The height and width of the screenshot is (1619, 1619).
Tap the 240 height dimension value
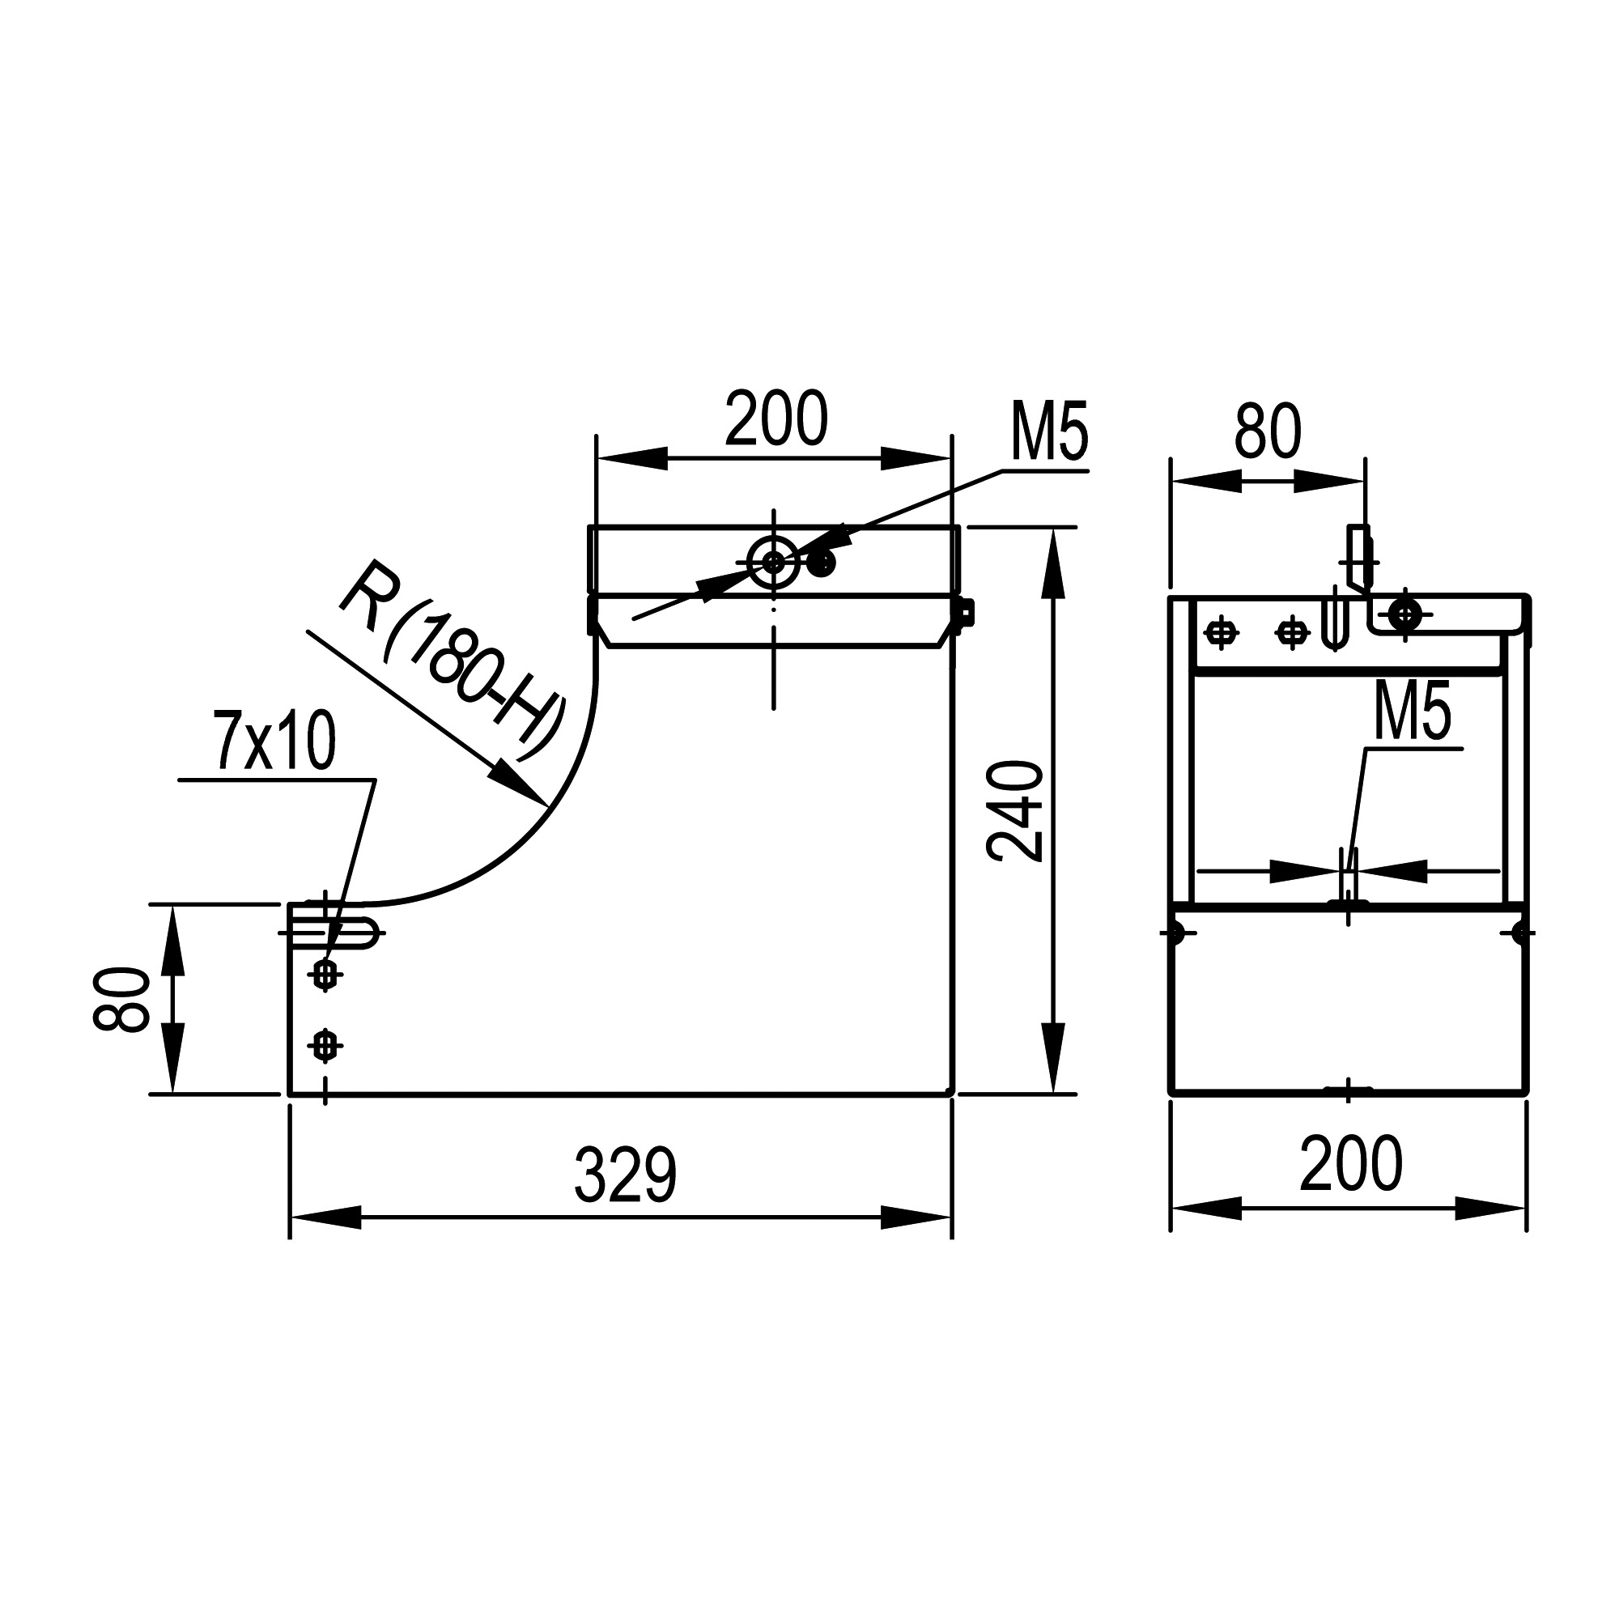pyautogui.click(x=1015, y=811)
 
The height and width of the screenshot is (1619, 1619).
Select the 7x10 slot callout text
pyautogui.click(x=276, y=741)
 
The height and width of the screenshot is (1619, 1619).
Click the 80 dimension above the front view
pyautogui.click(x=1267, y=431)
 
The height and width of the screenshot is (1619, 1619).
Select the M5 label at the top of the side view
pyautogui.click(x=1050, y=432)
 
